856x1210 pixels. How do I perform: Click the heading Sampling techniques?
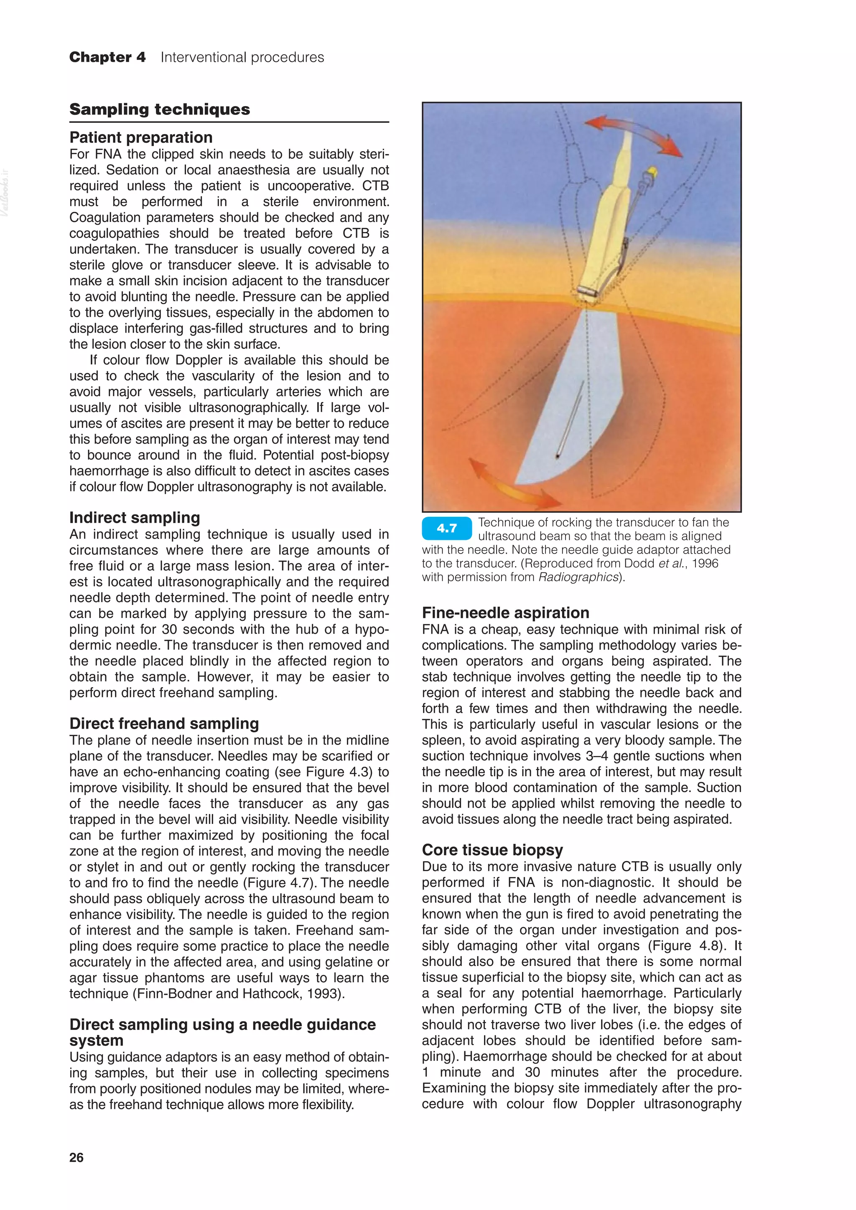(160, 109)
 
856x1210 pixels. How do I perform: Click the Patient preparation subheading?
(141, 137)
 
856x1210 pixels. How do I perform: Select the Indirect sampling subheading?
(135, 518)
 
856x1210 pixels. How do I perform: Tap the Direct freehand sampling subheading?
(164, 724)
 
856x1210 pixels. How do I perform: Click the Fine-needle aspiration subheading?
(505, 613)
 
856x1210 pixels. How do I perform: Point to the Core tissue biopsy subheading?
(492, 850)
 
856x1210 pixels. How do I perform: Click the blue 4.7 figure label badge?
(446, 529)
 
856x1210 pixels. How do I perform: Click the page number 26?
(76, 1157)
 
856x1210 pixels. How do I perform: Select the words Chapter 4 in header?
(107, 57)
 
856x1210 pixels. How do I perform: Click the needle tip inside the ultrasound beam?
(557, 456)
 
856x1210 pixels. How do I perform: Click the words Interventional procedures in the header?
(242, 57)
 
